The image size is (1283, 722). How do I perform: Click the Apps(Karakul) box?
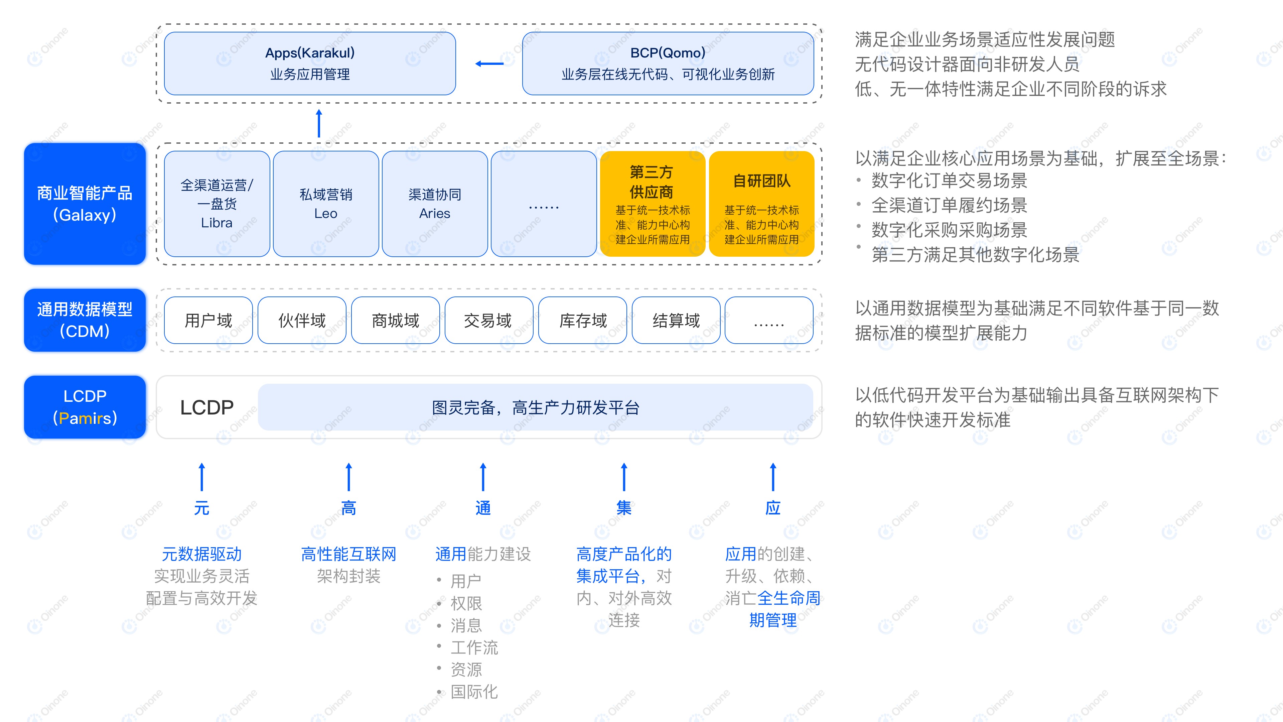310,63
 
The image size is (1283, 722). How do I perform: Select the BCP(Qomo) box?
668,63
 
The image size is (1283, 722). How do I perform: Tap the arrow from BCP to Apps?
489,63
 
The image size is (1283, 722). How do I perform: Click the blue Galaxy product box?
85,204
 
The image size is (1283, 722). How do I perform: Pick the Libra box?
217,204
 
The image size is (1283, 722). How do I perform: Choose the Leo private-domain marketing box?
326,204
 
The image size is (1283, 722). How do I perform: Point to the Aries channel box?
435,204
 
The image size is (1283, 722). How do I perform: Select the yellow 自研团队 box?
761,204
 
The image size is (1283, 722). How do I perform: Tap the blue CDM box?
85,320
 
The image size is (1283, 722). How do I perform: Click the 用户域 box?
208,320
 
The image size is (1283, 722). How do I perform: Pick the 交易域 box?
488,320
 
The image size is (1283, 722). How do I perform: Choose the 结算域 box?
676,320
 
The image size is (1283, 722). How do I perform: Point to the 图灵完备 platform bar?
535,407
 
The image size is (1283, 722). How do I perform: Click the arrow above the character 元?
202,477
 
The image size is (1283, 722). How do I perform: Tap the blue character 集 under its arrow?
623,508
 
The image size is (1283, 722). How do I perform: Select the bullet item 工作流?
474,647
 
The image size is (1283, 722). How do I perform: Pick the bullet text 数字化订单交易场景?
949,181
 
